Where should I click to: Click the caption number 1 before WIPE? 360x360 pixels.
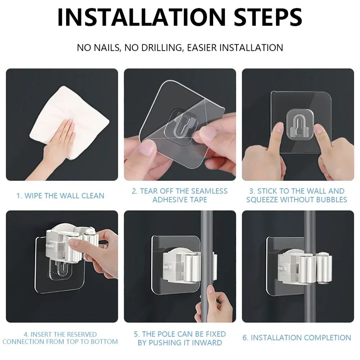coord(19,196)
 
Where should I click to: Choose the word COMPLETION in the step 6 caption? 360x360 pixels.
coord(325,338)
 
